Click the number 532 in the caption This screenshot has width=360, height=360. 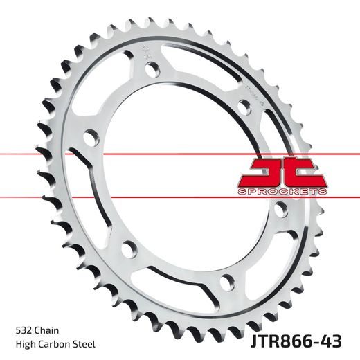[22, 330]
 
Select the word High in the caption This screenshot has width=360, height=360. [24, 344]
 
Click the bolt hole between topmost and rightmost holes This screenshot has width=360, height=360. [243, 104]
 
